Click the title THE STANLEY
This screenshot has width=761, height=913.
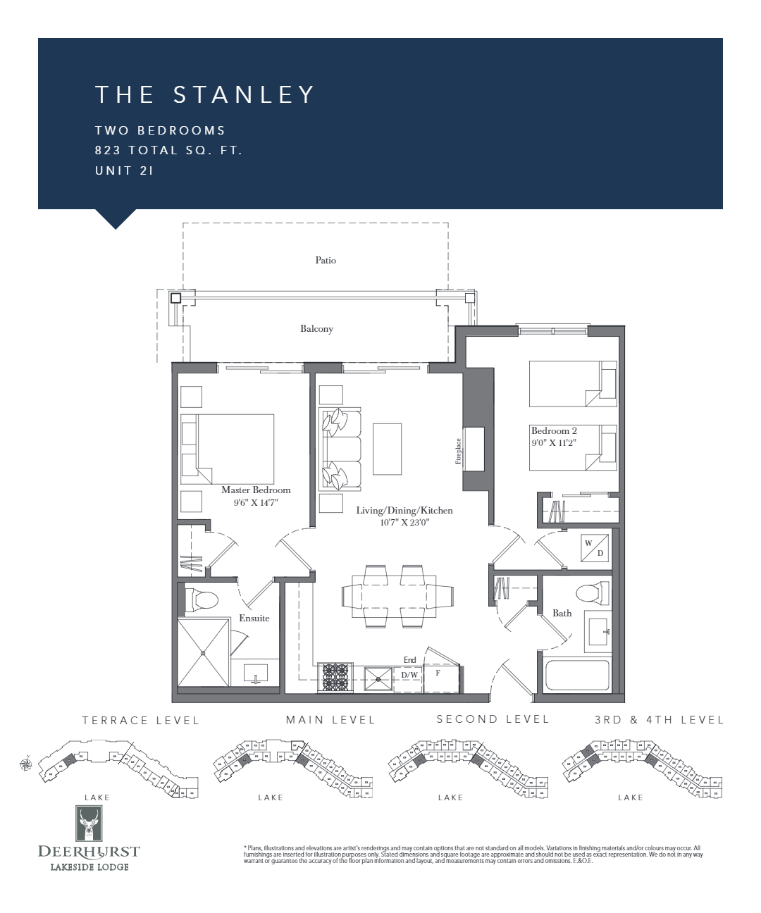(205, 94)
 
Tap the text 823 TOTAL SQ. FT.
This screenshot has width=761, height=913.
(168, 150)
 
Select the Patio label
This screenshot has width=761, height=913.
(326, 260)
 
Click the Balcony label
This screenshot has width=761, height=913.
(316, 328)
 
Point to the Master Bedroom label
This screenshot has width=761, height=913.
(256, 490)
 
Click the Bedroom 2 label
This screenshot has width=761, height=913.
(554, 430)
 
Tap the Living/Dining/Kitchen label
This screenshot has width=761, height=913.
(404, 510)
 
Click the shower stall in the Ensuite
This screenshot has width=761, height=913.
(204, 652)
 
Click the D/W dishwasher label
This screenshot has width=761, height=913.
(409, 675)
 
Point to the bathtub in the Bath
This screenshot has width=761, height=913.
(576, 676)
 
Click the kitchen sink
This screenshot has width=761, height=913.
(378, 678)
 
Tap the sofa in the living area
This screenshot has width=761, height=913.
(340, 449)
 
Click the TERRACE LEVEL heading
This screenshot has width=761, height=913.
(141, 720)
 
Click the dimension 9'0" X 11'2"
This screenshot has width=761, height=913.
(554, 443)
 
